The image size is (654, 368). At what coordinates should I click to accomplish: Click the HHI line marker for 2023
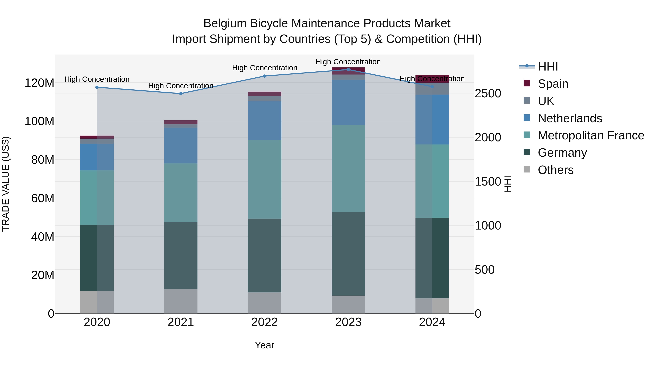tap(348, 69)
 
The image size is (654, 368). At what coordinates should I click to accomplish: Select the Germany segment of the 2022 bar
tap(265, 255)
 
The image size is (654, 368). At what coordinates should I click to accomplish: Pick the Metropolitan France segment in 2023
tap(348, 168)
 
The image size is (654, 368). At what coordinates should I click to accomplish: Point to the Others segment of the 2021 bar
tap(181, 301)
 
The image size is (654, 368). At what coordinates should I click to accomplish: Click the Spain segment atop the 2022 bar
tap(265, 94)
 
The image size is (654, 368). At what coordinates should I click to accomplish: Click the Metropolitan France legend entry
tap(591, 135)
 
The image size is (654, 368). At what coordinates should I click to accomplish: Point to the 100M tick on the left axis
tap(39, 121)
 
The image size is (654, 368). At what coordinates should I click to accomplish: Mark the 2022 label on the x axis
tap(265, 322)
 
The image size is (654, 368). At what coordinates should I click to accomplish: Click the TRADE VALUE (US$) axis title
tap(6, 184)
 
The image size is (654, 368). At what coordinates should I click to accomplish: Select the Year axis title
tap(265, 345)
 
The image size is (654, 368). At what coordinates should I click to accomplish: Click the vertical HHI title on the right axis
tap(508, 184)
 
